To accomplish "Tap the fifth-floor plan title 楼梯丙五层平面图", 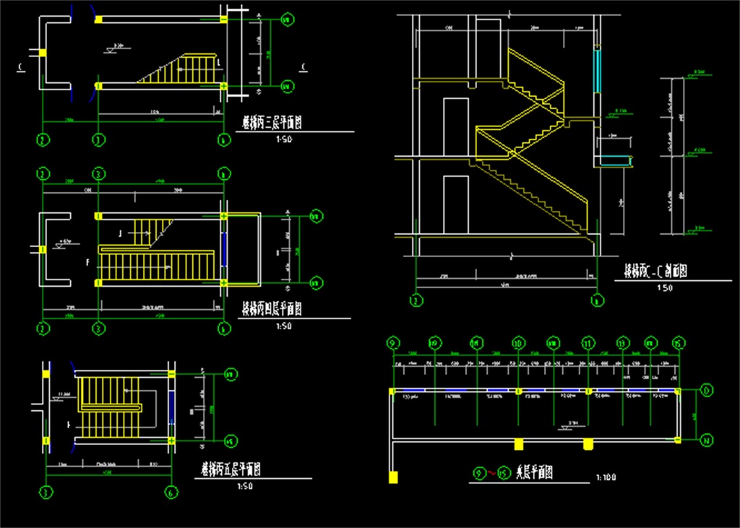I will (x=231, y=469).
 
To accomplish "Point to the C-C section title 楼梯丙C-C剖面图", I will (x=655, y=272).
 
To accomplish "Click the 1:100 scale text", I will (x=607, y=477).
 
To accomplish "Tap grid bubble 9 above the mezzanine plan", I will (x=393, y=342).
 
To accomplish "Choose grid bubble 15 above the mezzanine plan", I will (x=678, y=342).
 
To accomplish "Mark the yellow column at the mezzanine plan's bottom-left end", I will (x=393, y=476).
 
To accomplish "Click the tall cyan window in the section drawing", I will (x=598, y=69).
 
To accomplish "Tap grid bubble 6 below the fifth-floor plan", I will (x=171, y=493).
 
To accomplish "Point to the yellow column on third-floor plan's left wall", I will (x=43, y=53).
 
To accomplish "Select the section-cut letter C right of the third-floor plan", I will (x=303, y=68).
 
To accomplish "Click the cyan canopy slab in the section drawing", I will (x=615, y=160).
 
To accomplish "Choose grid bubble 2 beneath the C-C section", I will (x=415, y=300).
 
